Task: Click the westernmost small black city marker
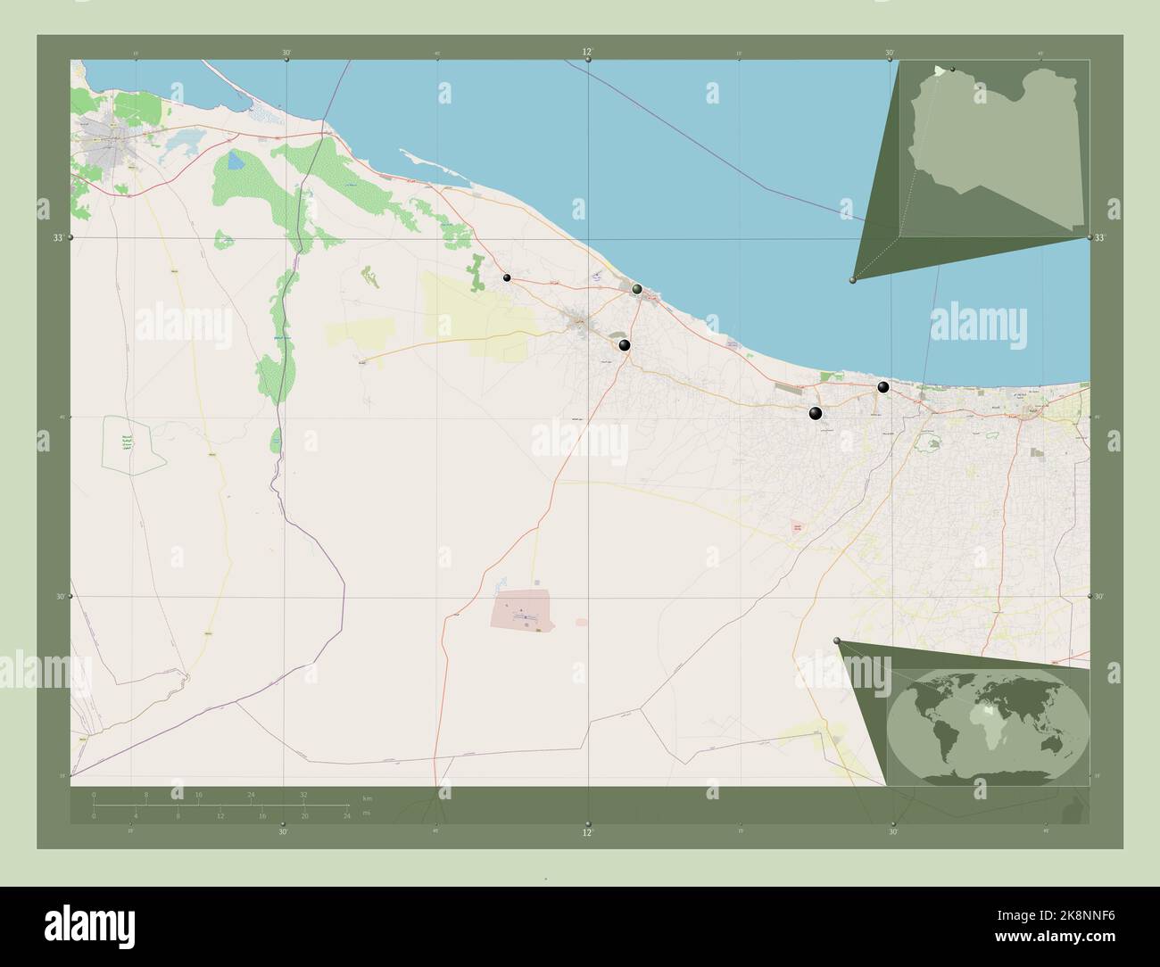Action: pos(507,278)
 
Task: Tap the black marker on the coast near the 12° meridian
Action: pos(637,289)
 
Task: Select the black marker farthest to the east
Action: pos(883,387)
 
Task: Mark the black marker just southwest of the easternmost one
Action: pos(816,412)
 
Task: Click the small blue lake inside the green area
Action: pos(235,161)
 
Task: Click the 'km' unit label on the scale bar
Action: pos(367,797)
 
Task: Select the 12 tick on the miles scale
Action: pos(220,815)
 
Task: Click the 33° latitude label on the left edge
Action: pos(58,238)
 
